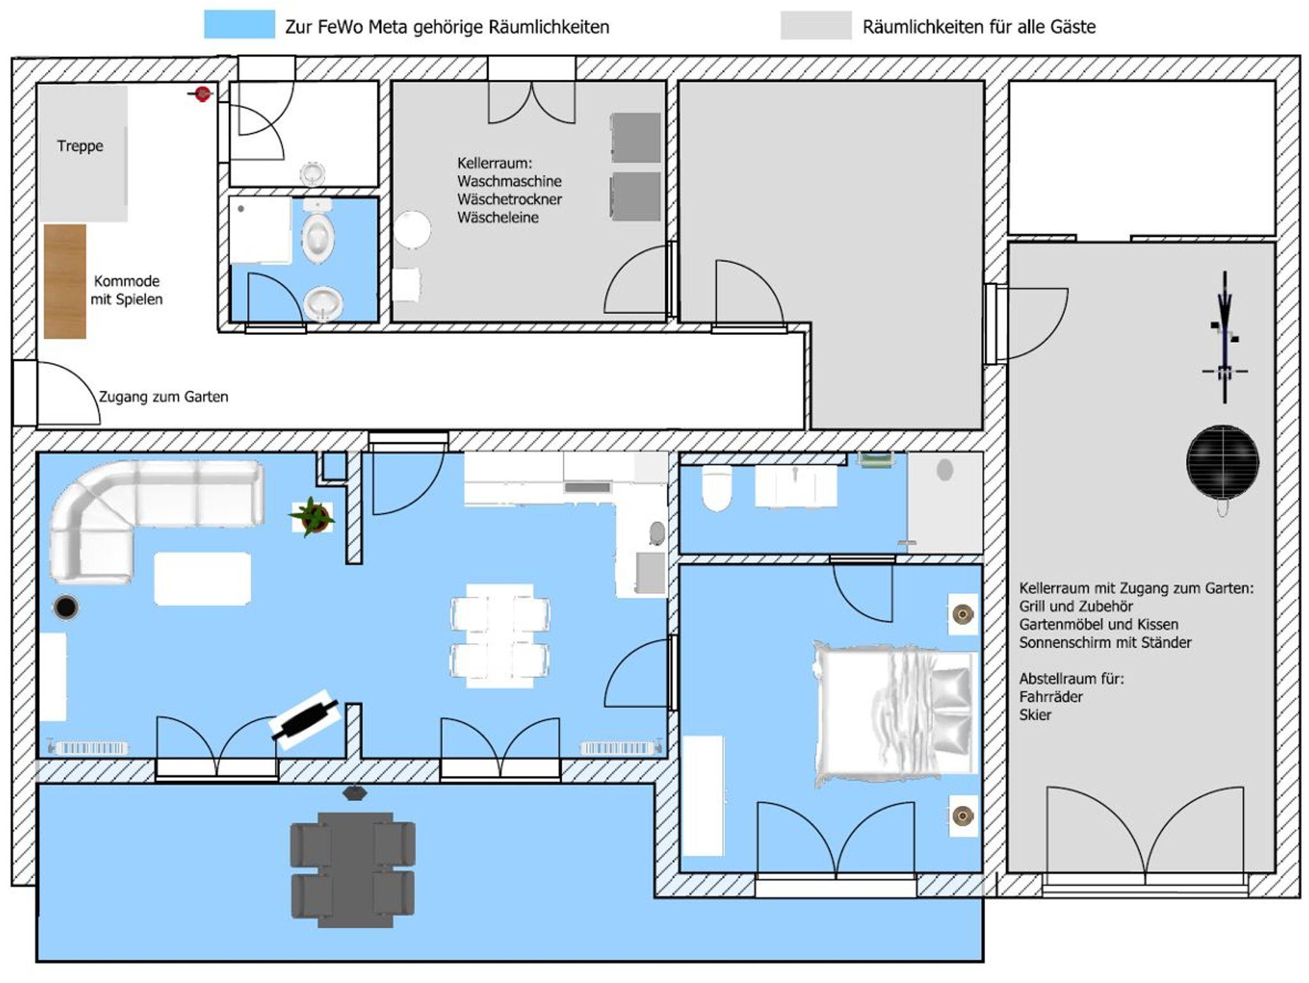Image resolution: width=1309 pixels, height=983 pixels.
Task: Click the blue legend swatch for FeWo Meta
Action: pyautogui.click(x=240, y=24)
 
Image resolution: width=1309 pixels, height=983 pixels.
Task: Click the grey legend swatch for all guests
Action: pyautogui.click(x=816, y=25)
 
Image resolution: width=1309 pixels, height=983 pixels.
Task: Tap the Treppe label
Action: pyautogui.click(x=80, y=146)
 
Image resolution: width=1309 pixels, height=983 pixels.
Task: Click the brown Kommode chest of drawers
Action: pyautogui.click(x=65, y=281)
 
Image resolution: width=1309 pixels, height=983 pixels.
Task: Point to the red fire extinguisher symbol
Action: pyautogui.click(x=202, y=94)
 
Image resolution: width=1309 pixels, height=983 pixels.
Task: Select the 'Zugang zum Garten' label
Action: pyautogui.click(x=164, y=397)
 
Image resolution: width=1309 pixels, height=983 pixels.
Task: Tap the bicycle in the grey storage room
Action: pyautogui.click(x=1225, y=337)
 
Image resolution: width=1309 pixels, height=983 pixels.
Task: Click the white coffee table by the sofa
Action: pyautogui.click(x=202, y=578)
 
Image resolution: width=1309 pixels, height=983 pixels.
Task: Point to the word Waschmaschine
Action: pyautogui.click(x=509, y=181)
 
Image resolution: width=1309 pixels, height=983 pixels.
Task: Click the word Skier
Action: pyautogui.click(x=1035, y=715)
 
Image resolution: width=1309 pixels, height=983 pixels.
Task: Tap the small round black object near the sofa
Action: pyautogui.click(x=66, y=607)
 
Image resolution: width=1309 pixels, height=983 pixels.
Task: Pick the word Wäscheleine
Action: pyautogui.click(x=498, y=217)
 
